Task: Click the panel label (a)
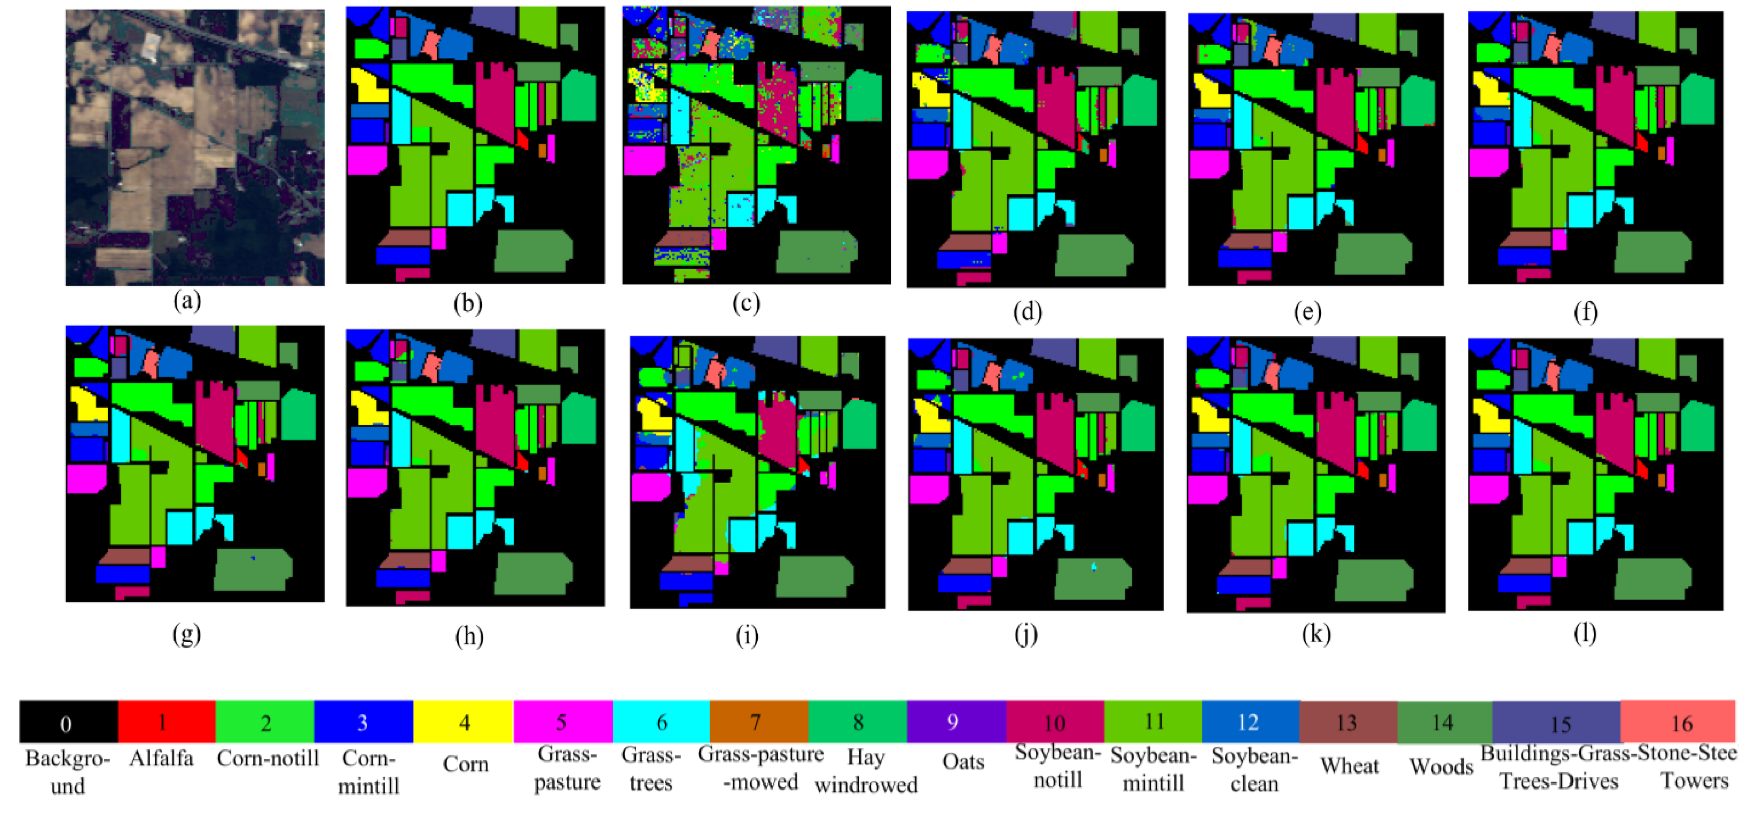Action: [187, 301]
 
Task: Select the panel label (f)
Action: [1585, 313]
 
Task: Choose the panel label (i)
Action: [747, 636]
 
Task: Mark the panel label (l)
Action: [1584, 633]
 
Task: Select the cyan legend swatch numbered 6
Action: [661, 722]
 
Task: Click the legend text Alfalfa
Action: [162, 758]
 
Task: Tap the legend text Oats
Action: [963, 762]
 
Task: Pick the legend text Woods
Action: [1442, 766]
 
